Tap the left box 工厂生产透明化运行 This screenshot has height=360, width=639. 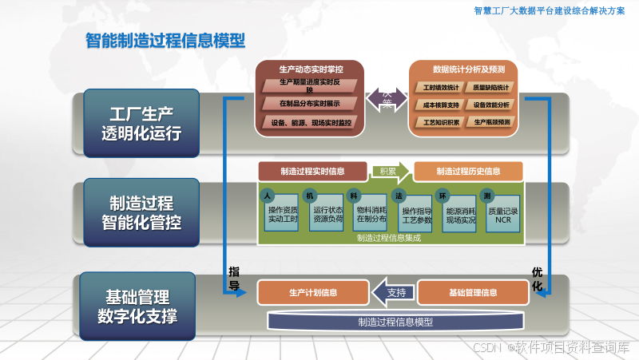tap(141, 123)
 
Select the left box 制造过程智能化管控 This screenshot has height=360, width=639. tap(141, 212)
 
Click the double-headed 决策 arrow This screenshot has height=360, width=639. tap(387, 100)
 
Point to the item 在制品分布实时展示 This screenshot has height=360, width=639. tap(310, 104)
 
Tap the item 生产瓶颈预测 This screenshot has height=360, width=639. tap(491, 122)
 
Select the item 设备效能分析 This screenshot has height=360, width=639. tap(491, 104)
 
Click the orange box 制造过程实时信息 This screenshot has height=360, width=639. tap(312, 171)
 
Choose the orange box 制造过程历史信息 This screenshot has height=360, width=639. tap(468, 171)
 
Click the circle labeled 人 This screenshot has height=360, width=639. tap(269, 196)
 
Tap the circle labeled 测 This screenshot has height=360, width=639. tap(487, 196)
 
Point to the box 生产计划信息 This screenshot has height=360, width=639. tap(312, 292)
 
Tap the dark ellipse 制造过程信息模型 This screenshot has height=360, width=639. tap(395, 322)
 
